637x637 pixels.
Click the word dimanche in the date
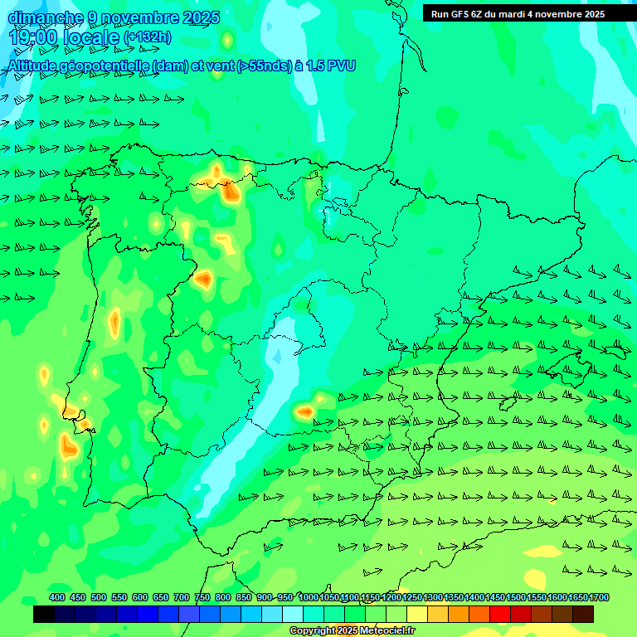click(46, 17)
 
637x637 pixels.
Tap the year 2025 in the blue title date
click(198, 17)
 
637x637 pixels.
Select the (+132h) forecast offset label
click(148, 37)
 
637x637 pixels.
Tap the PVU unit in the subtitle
click(339, 66)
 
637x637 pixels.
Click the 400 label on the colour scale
click(57, 597)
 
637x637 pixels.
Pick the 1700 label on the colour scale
click(600, 597)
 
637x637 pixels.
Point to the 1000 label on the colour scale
click(308, 597)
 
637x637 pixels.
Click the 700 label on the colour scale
click(182, 597)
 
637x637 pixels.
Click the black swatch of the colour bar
click(44, 615)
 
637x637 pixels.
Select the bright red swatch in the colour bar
click(500, 615)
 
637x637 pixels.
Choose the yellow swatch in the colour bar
click(417, 615)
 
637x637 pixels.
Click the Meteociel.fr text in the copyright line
click(387, 631)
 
